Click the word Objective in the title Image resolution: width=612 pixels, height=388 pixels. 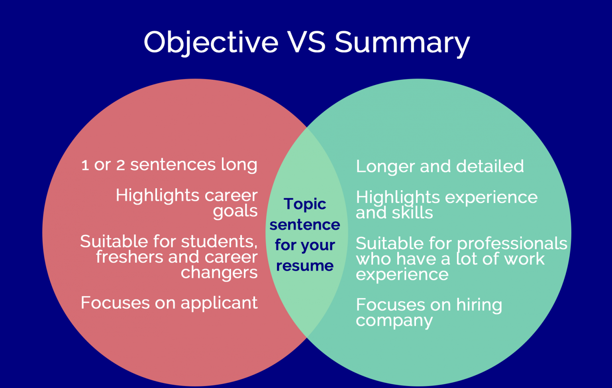pyautogui.click(x=211, y=42)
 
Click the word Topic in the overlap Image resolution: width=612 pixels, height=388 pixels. pyautogui.click(x=305, y=204)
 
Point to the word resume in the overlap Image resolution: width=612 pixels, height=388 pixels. pyautogui.click(x=305, y=266)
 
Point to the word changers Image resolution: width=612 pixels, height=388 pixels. pyautogui.click(x=219, y=273)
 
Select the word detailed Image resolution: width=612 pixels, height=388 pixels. pyautogui.click(x=490, y=166)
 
